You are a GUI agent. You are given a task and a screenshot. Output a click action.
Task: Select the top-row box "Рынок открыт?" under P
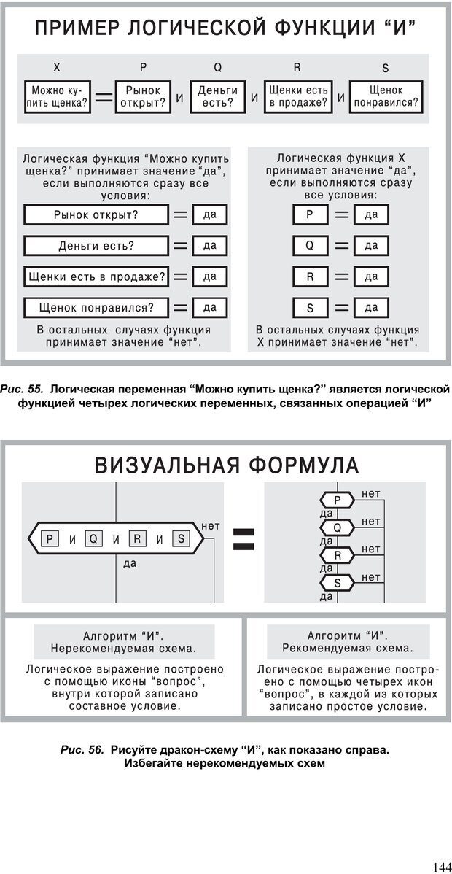pyautogui.click(x=143, y=96)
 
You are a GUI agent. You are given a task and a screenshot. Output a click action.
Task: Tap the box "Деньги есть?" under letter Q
pyautogui.click(x=218, y=96)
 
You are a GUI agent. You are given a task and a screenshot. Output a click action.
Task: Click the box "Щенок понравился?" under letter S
pyautogui.click(x=386, y=96)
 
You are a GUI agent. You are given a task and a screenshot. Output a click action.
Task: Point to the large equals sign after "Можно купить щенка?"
pyautogui.click(x=104, y=97)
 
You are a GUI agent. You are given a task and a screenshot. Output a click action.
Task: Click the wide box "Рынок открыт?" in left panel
pyautogui.click(x=96, y=214)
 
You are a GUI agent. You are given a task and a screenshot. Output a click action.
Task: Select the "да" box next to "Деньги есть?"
pyautogui.click(x=209, y=246)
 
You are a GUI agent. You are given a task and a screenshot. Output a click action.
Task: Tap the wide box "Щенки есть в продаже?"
pyautogui.click(x=96, y=277)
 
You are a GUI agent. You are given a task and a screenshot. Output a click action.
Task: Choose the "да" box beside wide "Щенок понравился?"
pyautogui.click(x=209, y=308)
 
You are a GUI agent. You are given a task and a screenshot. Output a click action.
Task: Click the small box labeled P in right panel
pyautogui.click(x=310, y=214)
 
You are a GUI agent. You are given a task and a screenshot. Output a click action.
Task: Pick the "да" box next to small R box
pyautogui.click(x=371, y=277)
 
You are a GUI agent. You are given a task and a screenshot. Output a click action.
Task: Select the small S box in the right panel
pyautogui.click(x=310, y=308)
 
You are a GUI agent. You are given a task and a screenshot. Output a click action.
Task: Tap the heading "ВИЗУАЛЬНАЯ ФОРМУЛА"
pyautogui.click(x=226, y=464)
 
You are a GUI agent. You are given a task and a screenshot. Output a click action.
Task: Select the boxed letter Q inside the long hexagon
pyautogui.click(x=93, y=539)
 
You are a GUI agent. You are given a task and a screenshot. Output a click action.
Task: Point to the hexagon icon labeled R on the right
pyautogui.click(x=337, y=555)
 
